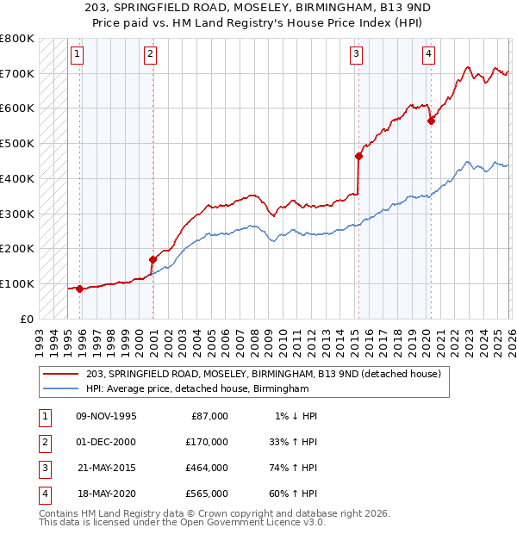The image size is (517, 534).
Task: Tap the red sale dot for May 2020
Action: [431, 121]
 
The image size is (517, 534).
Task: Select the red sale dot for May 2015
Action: [358, 156]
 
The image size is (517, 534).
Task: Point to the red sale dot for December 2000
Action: [153, 258]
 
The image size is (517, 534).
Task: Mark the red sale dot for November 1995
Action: [80, 289]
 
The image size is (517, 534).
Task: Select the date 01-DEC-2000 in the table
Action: [106, 442]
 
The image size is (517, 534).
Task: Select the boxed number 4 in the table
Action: [42, 494]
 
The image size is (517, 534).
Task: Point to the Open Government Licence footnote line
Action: [181, 522]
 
